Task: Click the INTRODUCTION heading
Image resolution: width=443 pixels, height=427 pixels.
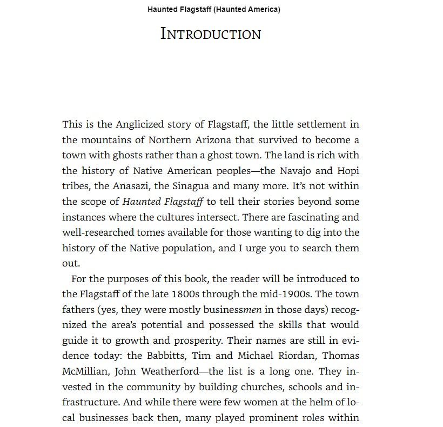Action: click(x=211, y=34)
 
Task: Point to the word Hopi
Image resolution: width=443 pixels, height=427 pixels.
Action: click(x=348, y=171)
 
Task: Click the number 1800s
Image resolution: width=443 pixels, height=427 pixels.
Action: click(x=200, y=295)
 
